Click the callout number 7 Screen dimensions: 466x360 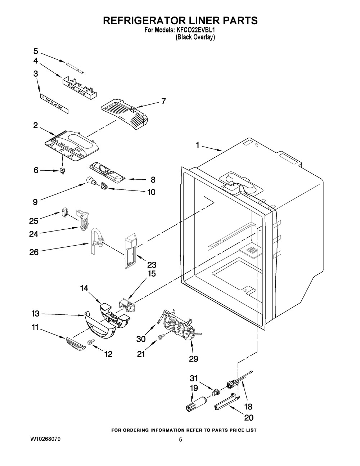coord(163,101)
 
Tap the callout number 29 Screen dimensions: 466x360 coord(193,359)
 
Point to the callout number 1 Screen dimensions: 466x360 coord(198,145)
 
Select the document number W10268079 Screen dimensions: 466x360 coord(45,439)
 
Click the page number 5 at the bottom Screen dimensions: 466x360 coord(181,440)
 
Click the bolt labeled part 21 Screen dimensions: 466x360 coord(160,337)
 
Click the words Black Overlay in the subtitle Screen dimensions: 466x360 coord(195,37)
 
